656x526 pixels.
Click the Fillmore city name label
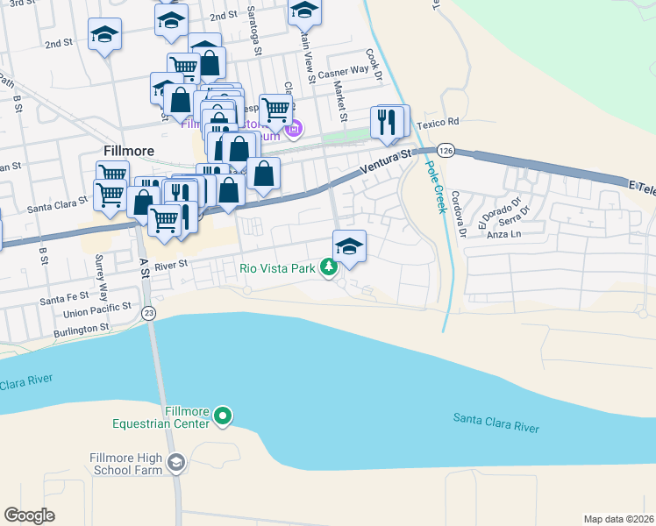tap(128, 151)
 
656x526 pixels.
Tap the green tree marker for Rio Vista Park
tap(329, 267)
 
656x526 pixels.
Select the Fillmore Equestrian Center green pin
tap(224, 416)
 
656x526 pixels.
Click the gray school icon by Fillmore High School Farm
tap(176, 463)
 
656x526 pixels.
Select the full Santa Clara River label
tap(496, 423)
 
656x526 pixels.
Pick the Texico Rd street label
tap(439, 123)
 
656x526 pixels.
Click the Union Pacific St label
tap(96, 312)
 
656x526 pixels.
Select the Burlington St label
tap(79, 328)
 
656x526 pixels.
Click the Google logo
tap(29, 515)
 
